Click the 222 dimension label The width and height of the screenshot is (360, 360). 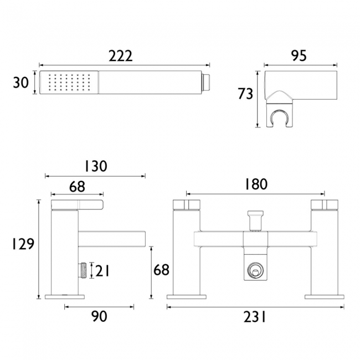(x=121, y=56)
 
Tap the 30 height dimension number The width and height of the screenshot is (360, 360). (x=20, y=83)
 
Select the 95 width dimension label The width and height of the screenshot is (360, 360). (x=299, y=55)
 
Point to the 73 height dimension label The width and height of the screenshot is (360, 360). (x=245, y=94)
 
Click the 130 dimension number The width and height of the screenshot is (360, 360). (x=96, y=166)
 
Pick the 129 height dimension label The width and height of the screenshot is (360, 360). (x=23, y=244)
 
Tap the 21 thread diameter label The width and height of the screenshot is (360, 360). (x=102, y=271)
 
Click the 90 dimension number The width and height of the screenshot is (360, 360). (x=99, y=316)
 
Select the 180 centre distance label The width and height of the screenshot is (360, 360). (x=256, y=184)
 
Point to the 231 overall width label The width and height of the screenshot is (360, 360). (x=254, y=317)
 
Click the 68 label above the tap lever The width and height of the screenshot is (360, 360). (x=77, y=187)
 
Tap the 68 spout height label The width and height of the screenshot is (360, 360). (x=161, y=270)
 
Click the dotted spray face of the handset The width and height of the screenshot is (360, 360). (x=69, y=82)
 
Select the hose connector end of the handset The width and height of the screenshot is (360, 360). (x=206, y=82)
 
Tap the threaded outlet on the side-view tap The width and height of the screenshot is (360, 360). (x=83, y=271)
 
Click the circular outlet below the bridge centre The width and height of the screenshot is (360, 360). (x=255, y=271)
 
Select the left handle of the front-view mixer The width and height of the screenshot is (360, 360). (x=186, y=205)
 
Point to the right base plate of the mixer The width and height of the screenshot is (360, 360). (x=325, y=297)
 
